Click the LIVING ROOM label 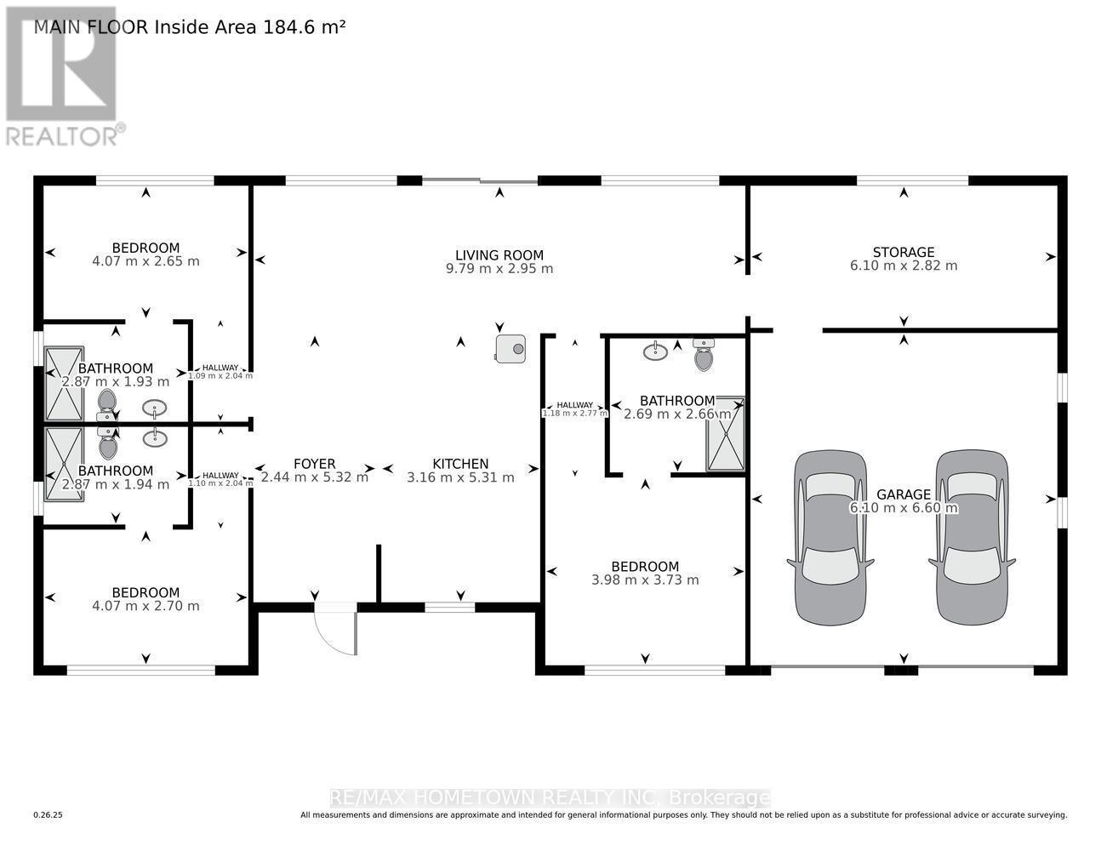[x=499, y=254]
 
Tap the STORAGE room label [x=904, y=252]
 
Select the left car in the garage [x=830, y=536]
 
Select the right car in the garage [x=972, y=536]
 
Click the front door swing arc [x=334, y=632]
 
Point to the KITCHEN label [x=460, y=464]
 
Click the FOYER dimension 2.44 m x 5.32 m [x=315, y=477]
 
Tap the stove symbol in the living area [x=511, y=347]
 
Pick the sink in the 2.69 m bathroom [x=655, y=351]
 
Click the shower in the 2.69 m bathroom [x=725, y=433]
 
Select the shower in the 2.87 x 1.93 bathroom [x=64, y=384]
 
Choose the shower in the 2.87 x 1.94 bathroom [x=64, y=464]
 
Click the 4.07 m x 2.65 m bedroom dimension [x=146, y=261]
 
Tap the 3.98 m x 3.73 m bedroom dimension [x=645, y=580]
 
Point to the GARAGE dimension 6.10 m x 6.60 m [x=904, y=509]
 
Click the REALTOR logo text [x=61, y=135]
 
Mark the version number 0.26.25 [x=48, y=815]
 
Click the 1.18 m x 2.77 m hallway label [x=575, y=413]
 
